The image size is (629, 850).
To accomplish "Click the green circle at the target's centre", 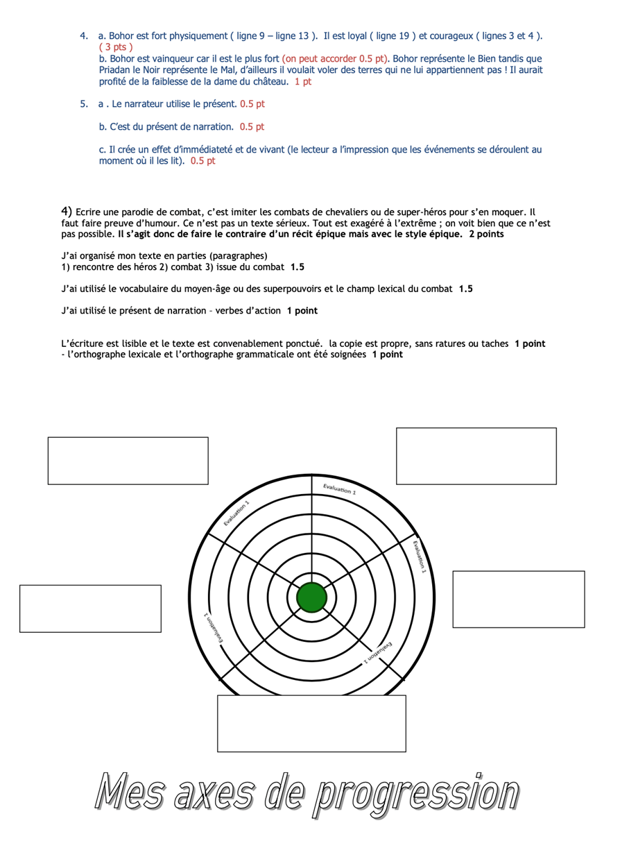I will pos(311,597).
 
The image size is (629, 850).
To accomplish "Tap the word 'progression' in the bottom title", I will pos(415,792).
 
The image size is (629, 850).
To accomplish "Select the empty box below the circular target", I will pos(311,723).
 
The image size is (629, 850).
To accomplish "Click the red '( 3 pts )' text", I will pos(116,47).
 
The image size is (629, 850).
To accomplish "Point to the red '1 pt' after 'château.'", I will pos(303,82).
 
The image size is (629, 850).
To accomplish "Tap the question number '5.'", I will pos(84,104).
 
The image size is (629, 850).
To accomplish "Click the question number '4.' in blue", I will pos(84,35).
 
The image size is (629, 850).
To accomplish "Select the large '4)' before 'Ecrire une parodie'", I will pos(67,211).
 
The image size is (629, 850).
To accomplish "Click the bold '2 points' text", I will pos(486,235).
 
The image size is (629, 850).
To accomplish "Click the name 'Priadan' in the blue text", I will pos(116,70).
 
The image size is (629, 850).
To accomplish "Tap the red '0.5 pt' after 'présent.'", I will pos(252,104).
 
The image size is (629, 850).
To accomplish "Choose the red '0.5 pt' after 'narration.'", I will pos(252,127).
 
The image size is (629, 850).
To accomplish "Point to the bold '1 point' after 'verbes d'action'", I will pos(302,311).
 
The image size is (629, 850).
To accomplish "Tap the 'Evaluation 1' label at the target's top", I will pos(339,489).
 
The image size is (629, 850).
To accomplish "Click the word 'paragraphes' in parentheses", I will pos(239,255).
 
